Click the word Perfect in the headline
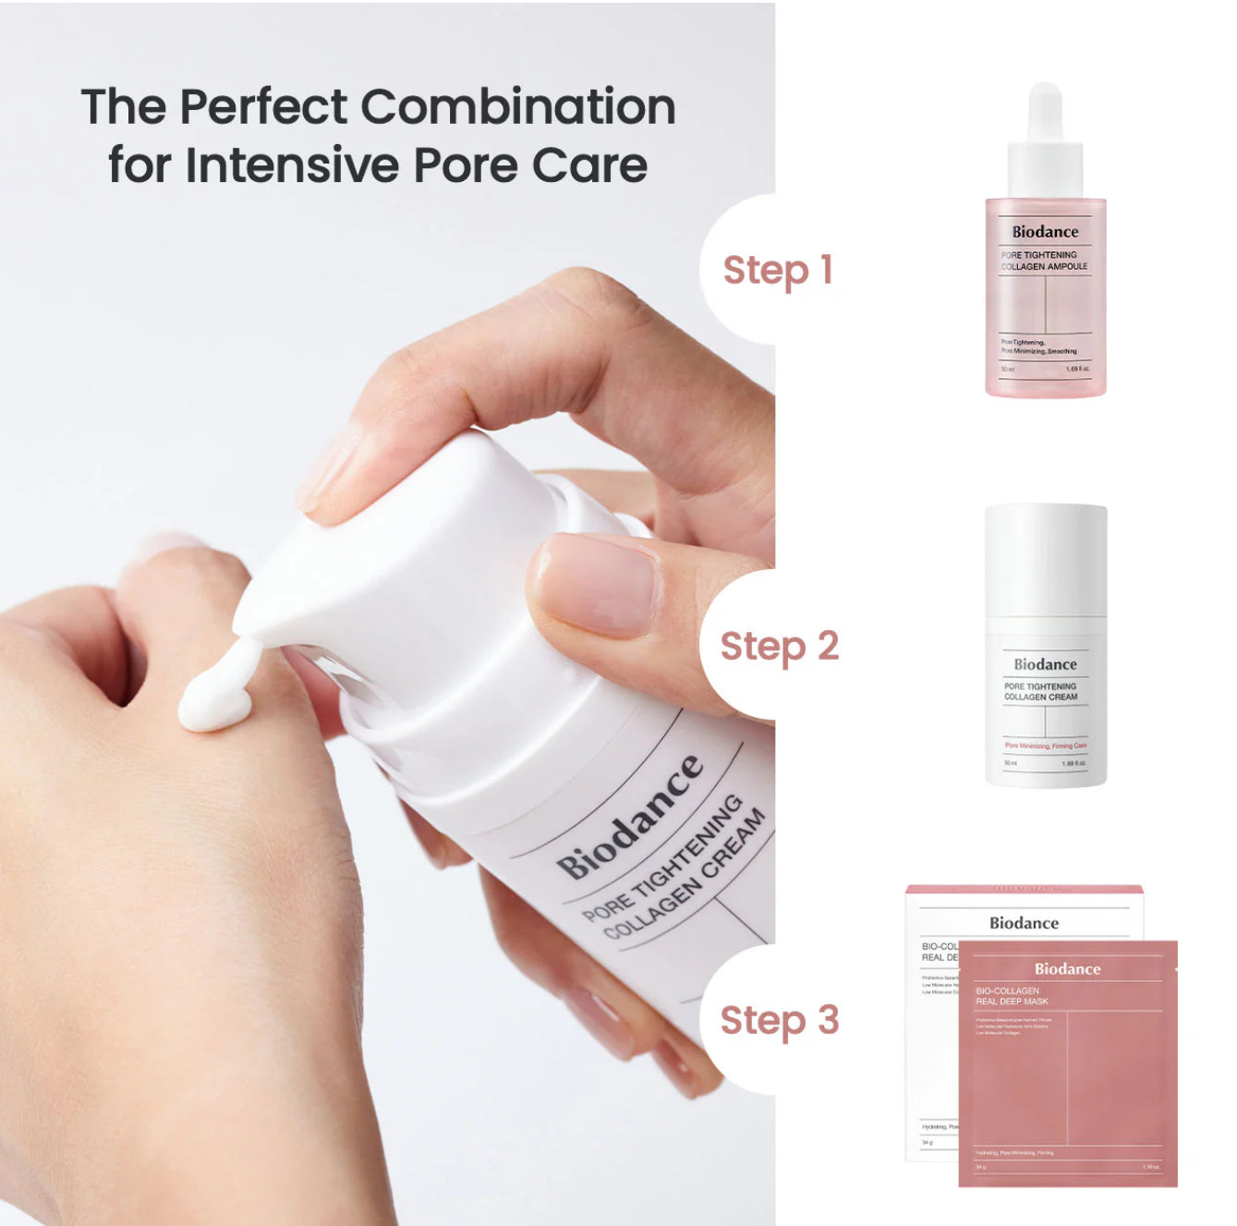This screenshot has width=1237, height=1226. (263, 107)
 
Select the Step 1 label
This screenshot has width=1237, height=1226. (777, 271)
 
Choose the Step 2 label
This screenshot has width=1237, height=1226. (779, 647)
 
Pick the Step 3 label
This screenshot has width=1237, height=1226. (779, 1021)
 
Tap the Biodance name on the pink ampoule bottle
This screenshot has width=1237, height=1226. (1045, 232)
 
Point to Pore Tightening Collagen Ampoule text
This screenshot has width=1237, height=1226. (1043, 261)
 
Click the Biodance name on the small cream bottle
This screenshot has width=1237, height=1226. (1045, 664)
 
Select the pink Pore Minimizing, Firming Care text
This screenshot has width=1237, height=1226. (1045, 746)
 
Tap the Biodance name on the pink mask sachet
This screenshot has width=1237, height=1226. (1067, 969)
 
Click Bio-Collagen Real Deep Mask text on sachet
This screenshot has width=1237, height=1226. (1012, 996)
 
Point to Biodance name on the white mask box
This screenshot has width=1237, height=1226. (1024, 923)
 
